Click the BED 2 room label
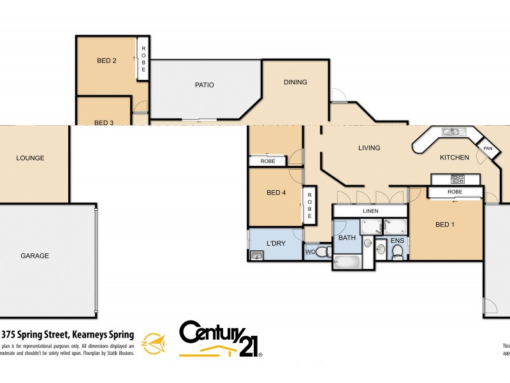(106, 61)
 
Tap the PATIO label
(205, 84)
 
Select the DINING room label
(295, 82)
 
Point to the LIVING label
(369, 148)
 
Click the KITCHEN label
(455, 158)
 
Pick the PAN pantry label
(488, 149)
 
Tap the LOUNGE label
(30, 158)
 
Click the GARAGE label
(34, 255)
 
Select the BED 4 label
(276, 193)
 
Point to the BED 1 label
(446, 224)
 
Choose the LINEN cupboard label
(370, 211)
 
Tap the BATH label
(347, 238)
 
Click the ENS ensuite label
(397, 241)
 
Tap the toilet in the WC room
(322, 252)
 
